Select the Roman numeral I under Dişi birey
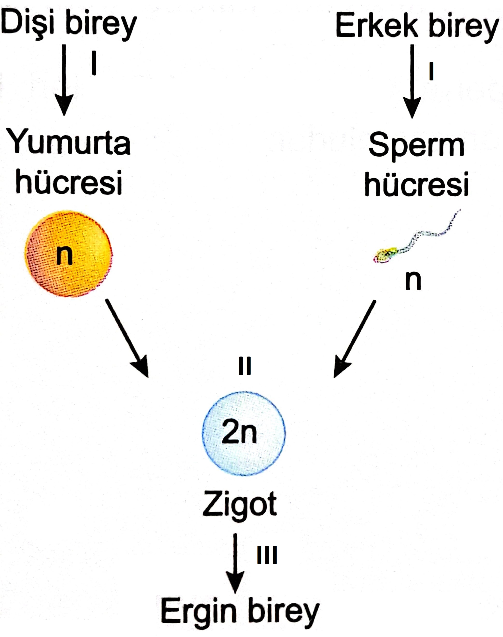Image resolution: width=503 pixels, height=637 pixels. pyautogui.click(x=94, y=63)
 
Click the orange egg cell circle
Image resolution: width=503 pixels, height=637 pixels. pyautogui.click(x=69, y=254)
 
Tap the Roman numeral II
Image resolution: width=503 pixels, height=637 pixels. pyautogui.click(x=245, y=366)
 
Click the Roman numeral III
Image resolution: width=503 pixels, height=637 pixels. pyautogui.click(x=267, y=555)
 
